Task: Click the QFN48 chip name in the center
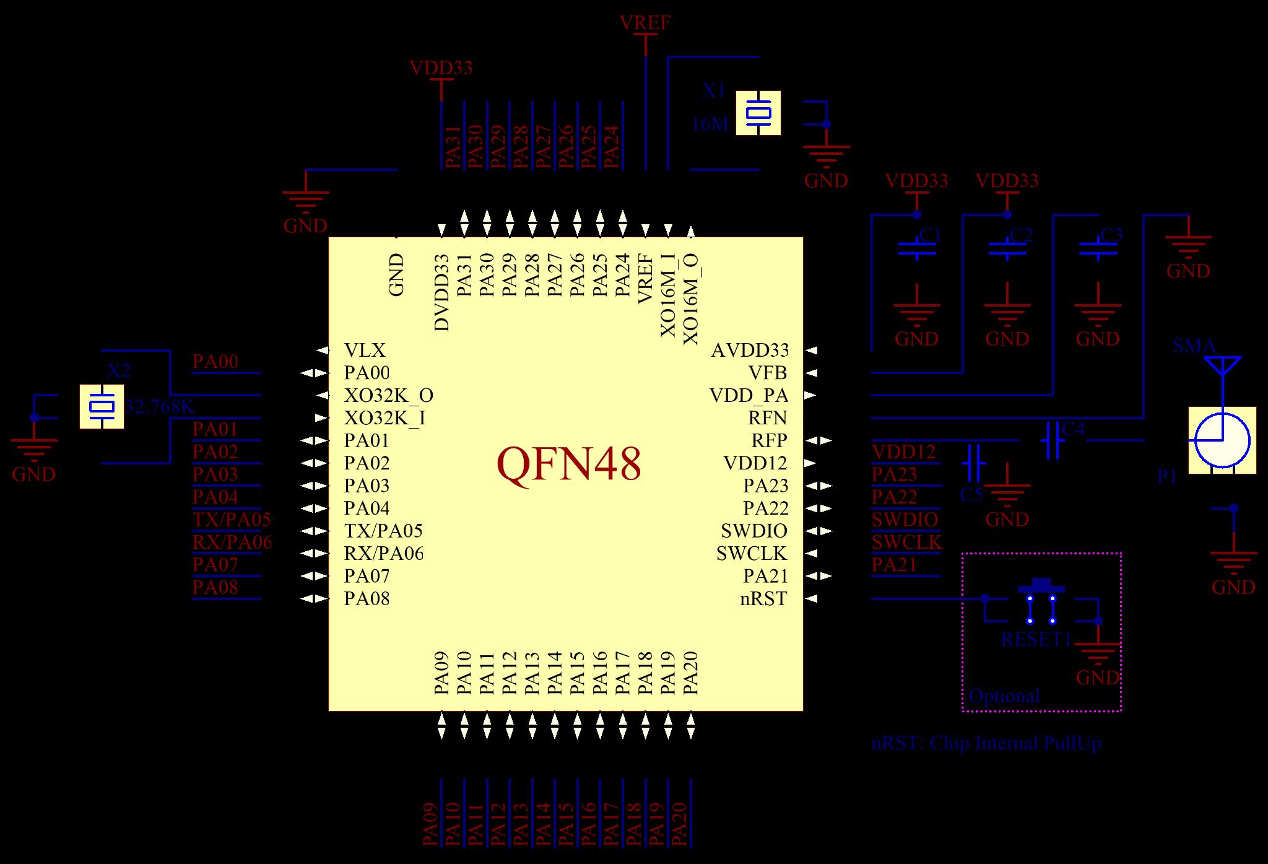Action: click(x=568, y=464)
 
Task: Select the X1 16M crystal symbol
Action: click(x=758, y=113)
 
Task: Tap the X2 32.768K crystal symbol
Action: click(x=102, y=406)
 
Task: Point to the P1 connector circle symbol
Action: click(x=1222, y=440)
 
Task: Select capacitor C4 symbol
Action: click(x=1053, y=440)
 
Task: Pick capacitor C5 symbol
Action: click(x=973, y=463)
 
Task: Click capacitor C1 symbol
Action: click(x=917, y=249)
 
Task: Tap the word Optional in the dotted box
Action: click(x=1004, y=696)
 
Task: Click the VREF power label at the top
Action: click(x=645, y=23)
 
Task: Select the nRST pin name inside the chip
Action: click(x=763, y=599)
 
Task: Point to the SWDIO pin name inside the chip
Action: click(x=753, y=531)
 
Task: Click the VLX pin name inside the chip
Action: click(x=365, y=351)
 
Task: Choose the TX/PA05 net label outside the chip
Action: click(x=232, y=520)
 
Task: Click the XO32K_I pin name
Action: click(x=384, y=418)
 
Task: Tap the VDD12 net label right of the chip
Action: click(x=903, y=452)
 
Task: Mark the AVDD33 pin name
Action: click(x=750, y=351)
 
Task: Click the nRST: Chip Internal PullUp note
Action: click(x=986, y=743)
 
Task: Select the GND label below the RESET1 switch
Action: click(x=1098, y=677)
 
